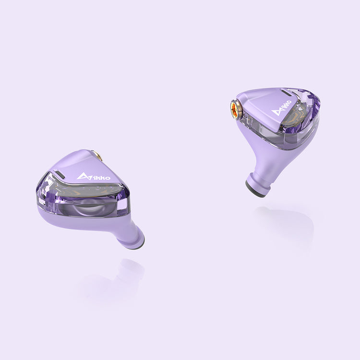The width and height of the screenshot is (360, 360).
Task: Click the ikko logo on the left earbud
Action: pyautogui.click(x=94, y=177)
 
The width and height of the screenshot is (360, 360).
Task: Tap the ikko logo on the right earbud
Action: pyautogui.click(x=281, y=108)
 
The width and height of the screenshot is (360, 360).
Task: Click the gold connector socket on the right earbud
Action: pyautogui.click(x=236, y=109)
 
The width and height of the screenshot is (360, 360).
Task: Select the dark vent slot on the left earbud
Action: pyautogui.click(x=59, y=172)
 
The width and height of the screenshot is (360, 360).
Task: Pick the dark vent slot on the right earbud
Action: pyautogui.click(x=285, y=91)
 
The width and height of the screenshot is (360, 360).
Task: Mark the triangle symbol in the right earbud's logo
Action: pyautogui.click(x=276, y=112)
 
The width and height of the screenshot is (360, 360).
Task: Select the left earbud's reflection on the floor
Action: pyautogui.click(x=115, y=283)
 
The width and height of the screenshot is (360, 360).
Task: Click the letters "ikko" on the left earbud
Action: pyautogui.click(x=99, y=177)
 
